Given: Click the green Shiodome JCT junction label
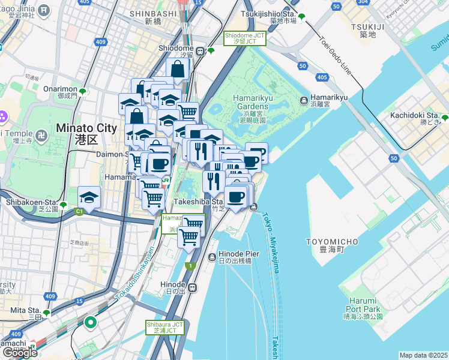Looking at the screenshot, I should [244, 38].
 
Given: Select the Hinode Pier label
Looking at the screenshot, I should [239, 257].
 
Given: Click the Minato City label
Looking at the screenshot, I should [78, 132].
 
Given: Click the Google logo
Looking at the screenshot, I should [20, 353].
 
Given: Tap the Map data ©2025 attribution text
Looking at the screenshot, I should [423, 355].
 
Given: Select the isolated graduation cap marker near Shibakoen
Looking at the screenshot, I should [89, 197].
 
